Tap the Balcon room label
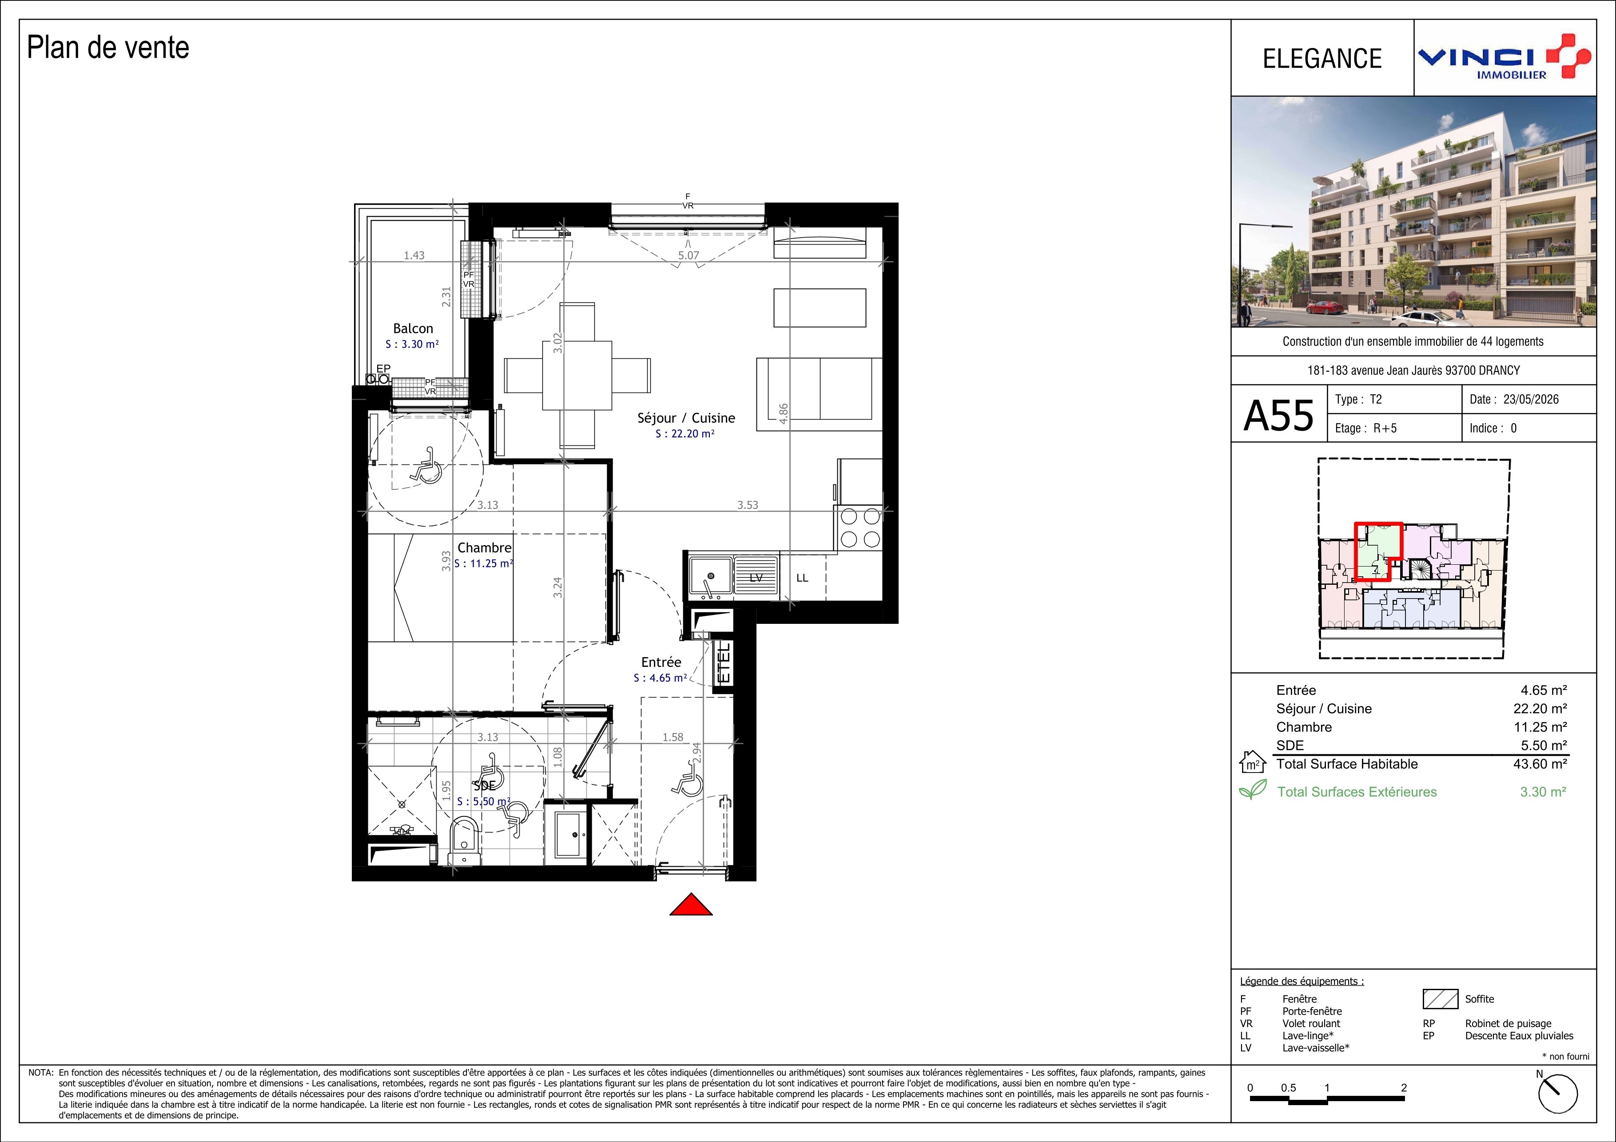click(x=413, y=329)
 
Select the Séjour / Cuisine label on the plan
click(x=686, y=418)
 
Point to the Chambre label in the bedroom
click(x=484, y=547)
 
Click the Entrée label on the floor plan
click(x=661, y=662)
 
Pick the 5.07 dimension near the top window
click(x=689, y=255)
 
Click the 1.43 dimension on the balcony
click(x=414, y=255)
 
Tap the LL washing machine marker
click(x=802, y=578)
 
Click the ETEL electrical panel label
click(x=724, y=663)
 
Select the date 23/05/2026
click(x=1531, y=399)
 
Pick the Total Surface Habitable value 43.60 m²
click(x=1540, y=763)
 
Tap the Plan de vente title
click(x=108, y=48)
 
